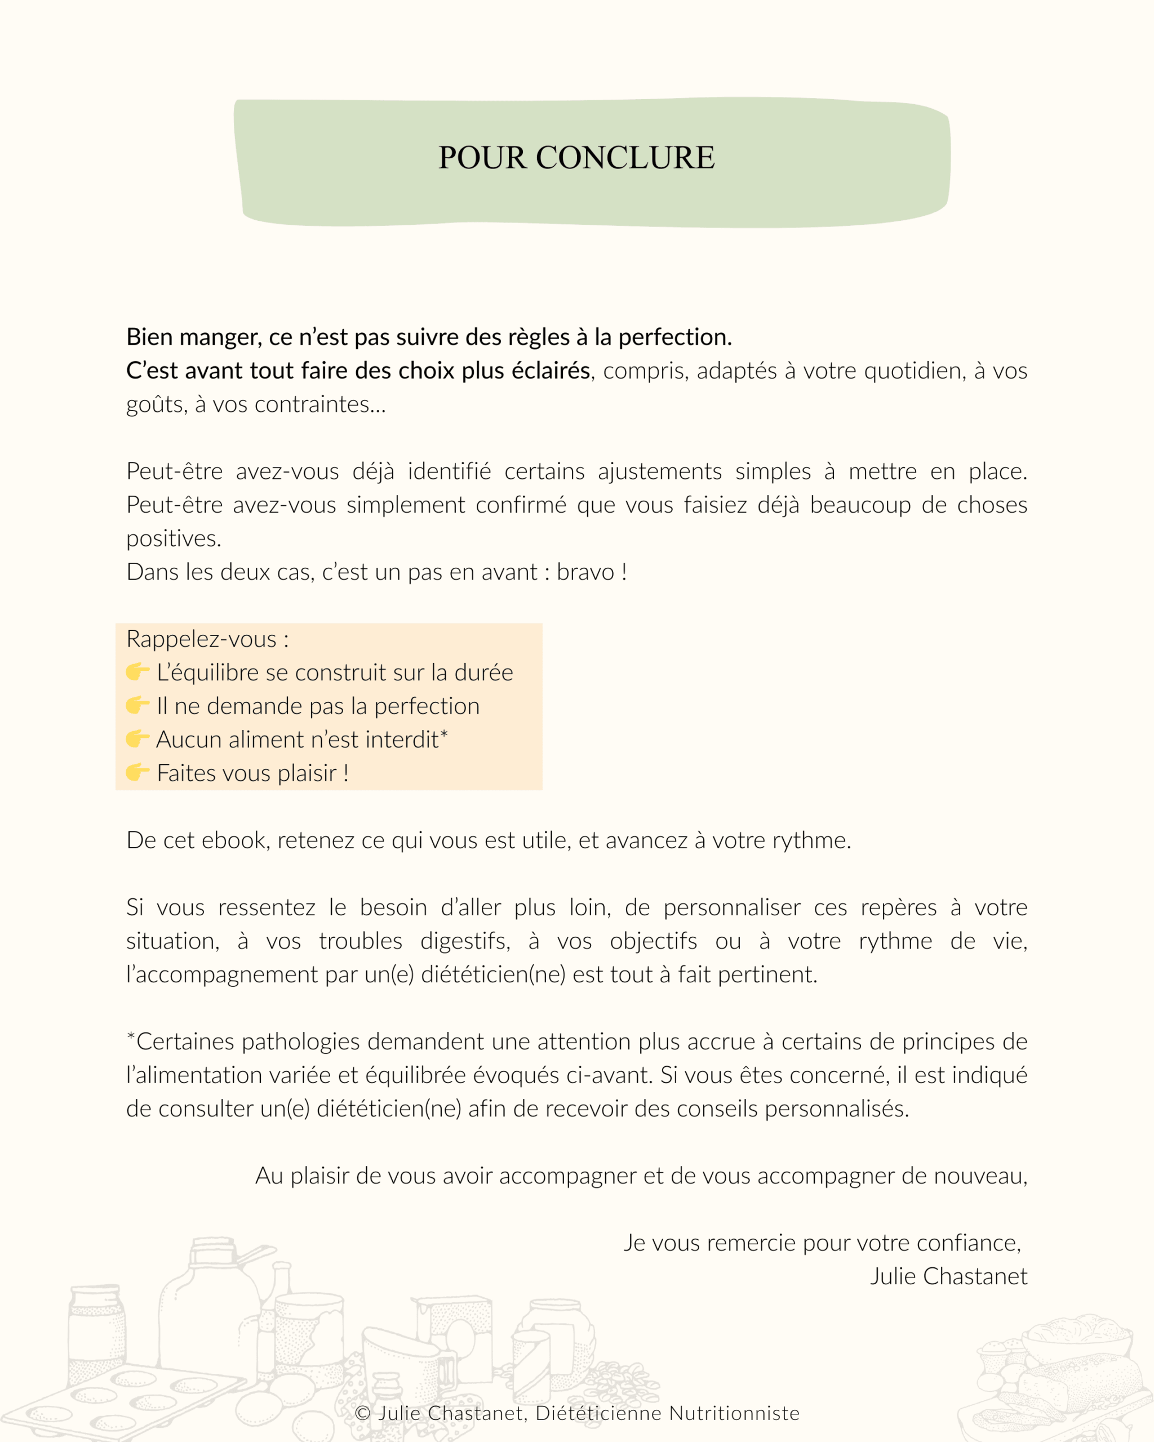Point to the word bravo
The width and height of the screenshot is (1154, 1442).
pos(585,572)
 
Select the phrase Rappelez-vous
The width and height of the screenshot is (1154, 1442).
pos(201,639)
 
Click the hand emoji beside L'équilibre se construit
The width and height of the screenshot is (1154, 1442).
pos(137,671)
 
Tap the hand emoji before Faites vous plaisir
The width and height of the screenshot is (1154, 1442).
pos(137,772)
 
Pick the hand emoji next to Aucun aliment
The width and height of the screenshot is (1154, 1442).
pos(137,738)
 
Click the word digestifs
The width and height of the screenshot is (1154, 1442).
pos(464,940)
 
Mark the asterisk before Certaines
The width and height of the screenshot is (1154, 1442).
pos(131,1038)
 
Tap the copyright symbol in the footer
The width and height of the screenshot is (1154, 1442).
pos(362,1413)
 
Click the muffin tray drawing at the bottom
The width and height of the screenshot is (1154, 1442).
pos(127,1401)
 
